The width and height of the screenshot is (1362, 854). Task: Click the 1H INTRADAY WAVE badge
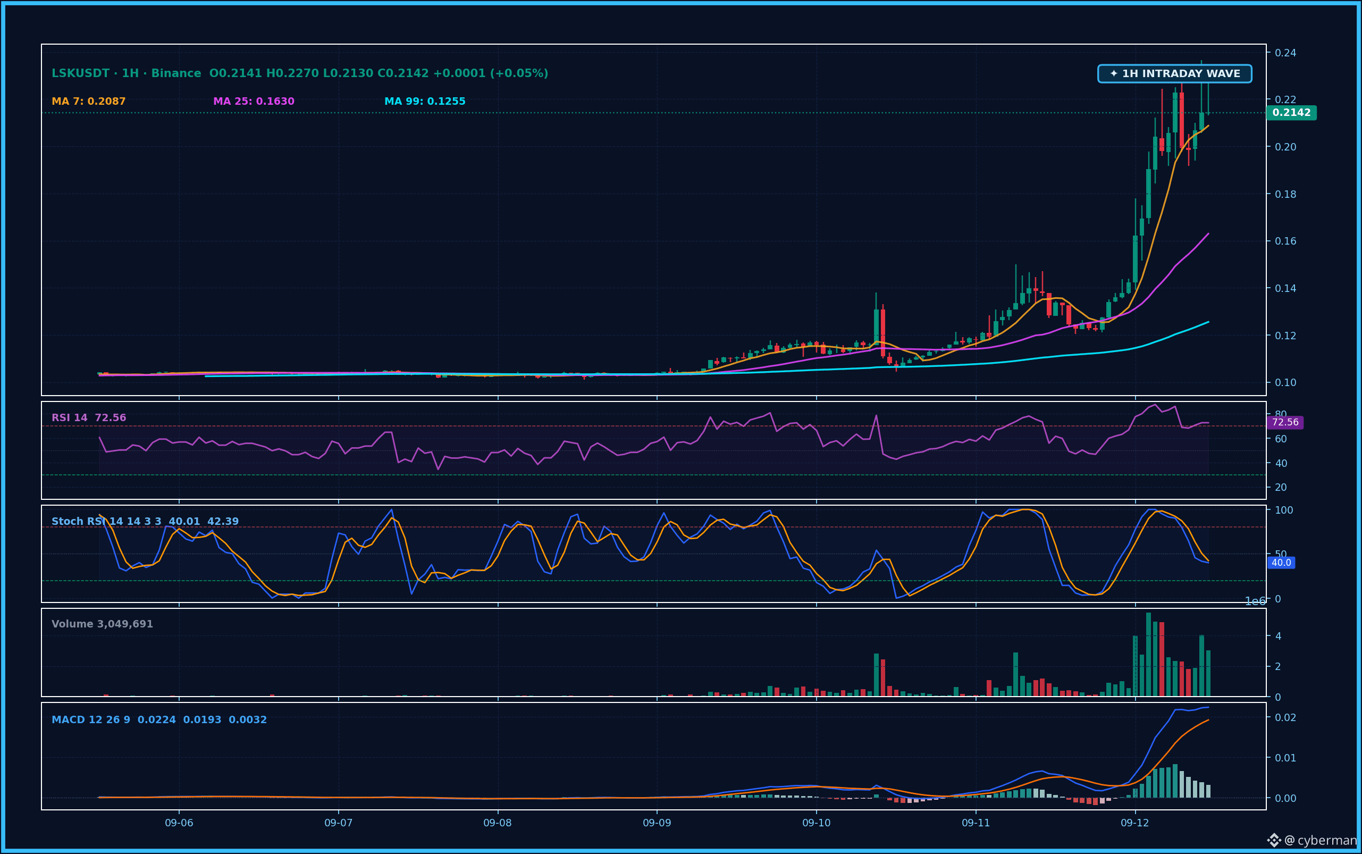[x=1174, y=73]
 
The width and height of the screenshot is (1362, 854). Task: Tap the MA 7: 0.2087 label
[x=89, y=101]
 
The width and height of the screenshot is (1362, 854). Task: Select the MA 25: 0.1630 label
[x=254, y=101]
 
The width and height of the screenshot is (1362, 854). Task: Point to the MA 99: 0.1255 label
[x=425, y=101]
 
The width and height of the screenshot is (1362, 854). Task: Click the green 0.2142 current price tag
[x=1291, y=112]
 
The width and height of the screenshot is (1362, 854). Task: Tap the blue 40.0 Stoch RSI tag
[x=1281, y=563]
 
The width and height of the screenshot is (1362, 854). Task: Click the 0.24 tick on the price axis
[x=1285, y=53]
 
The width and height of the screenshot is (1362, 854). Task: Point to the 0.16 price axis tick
[x=1285, y=241]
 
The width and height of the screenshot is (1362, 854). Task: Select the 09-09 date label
[x=657, y=823]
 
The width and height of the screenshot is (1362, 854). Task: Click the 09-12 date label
[x=1135, y=823]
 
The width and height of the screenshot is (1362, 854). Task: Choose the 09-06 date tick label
[x=179, y=823]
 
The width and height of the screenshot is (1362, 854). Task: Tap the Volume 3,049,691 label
[x=102, y=624]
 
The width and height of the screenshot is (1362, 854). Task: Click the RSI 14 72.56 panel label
[x=89, y=417]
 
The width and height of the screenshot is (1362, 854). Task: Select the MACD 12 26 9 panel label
[x=91, y=719]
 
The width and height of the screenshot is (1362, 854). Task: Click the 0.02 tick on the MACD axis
[x=1285, y=717]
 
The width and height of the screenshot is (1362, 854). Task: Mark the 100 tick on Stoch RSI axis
[x=1284, y=510]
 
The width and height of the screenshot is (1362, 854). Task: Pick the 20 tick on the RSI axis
[x=1281, y=487]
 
